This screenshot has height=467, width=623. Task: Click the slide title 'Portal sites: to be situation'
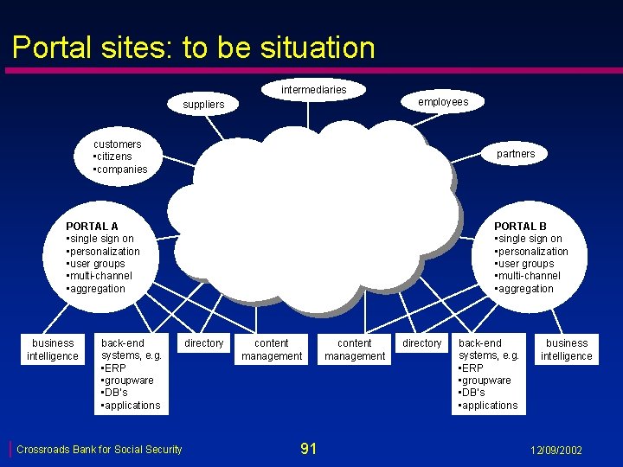[194, 47]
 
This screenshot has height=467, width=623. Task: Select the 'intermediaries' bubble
[313, 90]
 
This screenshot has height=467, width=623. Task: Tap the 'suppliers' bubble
[203, 105]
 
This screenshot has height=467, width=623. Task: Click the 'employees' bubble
[443, 102]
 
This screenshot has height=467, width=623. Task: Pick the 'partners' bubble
[516, 154]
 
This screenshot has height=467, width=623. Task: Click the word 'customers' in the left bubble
[118, 144]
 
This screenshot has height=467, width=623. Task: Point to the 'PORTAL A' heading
[92, 227]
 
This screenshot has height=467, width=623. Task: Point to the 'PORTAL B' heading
[520, 227]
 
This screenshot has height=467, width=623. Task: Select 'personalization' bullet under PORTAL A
[105, 252]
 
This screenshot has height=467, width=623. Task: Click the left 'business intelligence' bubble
[53, 349]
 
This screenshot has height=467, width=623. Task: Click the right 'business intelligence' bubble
[567, 349]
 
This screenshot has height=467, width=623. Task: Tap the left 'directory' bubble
[204, 343]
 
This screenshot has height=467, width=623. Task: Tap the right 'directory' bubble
[422, 343]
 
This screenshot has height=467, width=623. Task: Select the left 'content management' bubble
[272, 349]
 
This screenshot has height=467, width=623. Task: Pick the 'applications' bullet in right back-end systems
[490, 406]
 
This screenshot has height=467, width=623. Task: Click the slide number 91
[308, 448]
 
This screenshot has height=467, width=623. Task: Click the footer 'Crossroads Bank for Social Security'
[100, 449]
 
